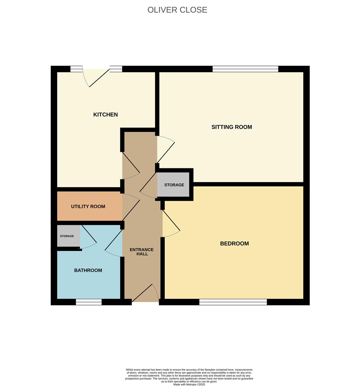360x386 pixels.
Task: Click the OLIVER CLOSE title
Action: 177,10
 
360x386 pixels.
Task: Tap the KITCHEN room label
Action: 105,114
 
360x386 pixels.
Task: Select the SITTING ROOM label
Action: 231,127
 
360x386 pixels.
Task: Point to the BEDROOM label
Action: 234,243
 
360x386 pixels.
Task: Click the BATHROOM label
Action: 88,270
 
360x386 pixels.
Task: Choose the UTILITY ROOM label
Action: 88,207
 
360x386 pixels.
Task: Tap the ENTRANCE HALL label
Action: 142,252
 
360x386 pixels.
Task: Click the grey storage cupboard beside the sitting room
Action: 173,185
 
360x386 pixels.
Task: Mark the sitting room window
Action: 245,69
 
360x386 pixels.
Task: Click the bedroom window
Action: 233,302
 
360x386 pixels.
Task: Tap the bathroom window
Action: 89,302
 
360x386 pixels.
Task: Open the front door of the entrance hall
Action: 145,293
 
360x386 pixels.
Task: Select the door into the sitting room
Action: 166,149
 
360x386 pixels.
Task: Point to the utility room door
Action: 131,207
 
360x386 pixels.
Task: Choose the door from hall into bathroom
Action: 114,243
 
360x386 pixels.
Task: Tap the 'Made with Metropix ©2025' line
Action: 189,384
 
